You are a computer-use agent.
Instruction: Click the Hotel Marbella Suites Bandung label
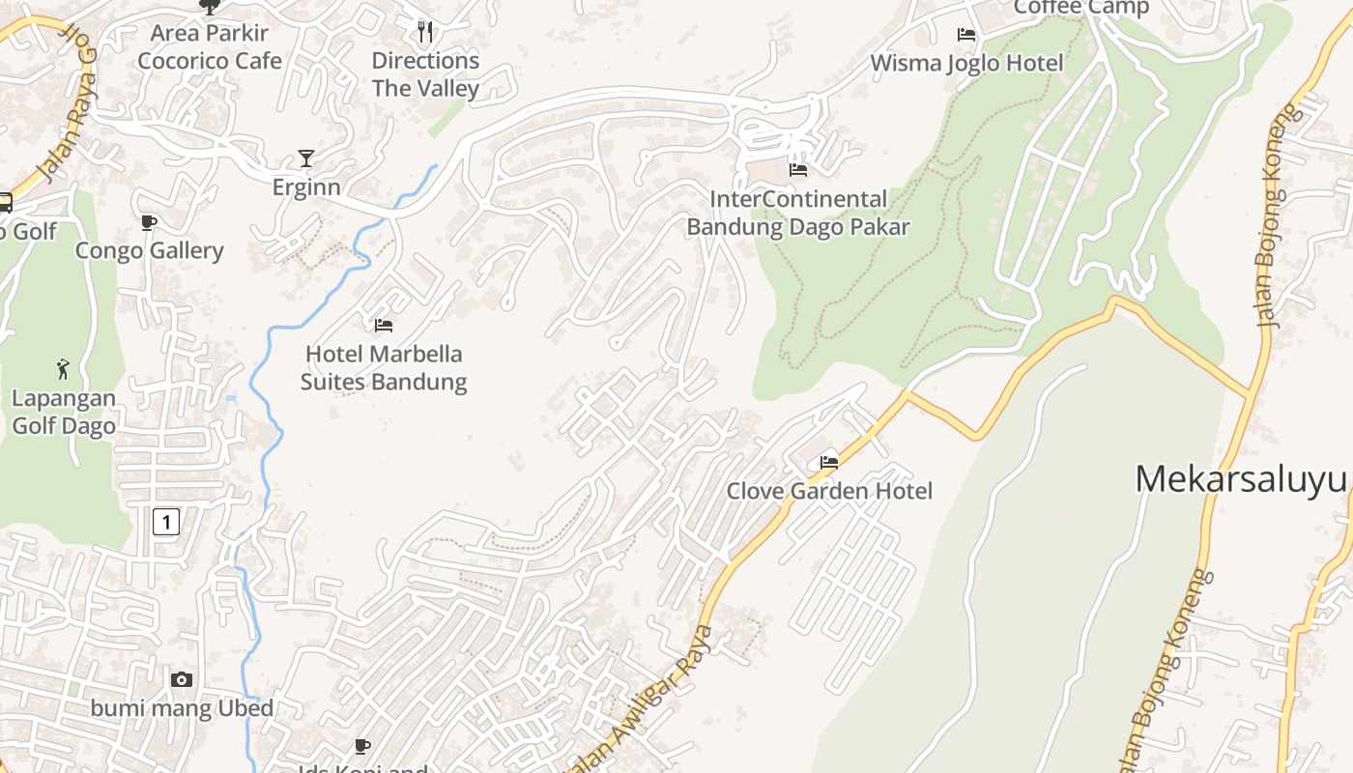click(384, 368)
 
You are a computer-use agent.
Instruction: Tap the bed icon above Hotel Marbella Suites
click(384, 326)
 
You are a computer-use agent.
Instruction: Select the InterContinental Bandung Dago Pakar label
click(798, 213)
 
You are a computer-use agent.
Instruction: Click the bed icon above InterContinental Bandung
click(798, 170)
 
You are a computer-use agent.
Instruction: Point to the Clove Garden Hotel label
click(829, 491)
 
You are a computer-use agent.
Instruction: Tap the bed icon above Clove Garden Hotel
click(829, 463)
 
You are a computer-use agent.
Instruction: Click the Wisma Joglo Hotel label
click(966, 63)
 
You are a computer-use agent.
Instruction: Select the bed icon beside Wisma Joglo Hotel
click(966, 35)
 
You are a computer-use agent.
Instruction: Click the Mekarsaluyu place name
click(1242, 479)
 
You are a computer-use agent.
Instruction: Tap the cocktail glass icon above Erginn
click(306, 157)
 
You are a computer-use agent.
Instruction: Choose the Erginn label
click(306, 186)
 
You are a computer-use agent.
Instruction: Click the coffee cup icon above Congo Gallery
click(149, 223)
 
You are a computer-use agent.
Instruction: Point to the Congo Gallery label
click(150, 251)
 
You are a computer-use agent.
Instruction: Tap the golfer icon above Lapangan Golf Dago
click(64, 369)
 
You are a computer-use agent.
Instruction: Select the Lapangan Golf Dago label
click(64, 412)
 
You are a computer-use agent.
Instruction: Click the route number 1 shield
click(166, 523)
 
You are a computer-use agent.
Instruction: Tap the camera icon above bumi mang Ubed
click(182, 680)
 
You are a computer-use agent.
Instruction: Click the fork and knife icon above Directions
click(425, 32)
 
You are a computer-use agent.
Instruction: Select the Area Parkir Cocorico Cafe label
click(210, 46)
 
